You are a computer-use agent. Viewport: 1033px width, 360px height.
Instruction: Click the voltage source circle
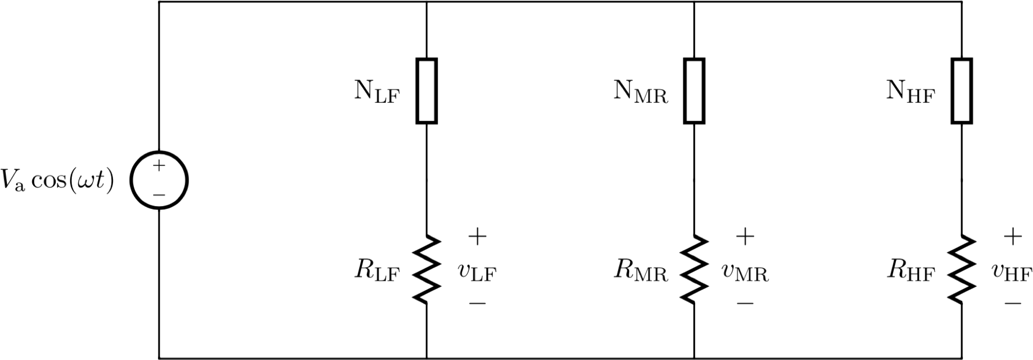pos(160,181)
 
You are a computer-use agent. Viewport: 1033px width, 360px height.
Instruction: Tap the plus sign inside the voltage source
pos(160,166)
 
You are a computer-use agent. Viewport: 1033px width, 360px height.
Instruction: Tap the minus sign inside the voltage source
pos(160,195)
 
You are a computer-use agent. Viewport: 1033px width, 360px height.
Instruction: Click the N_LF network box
pos(427,91)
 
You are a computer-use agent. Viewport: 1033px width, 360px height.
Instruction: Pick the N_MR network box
pos(694,91)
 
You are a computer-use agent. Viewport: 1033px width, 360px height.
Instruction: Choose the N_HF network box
pos(962,91)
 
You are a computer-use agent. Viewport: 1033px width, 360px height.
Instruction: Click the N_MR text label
pos(641,92)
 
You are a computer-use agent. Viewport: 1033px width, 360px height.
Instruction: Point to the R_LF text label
pos(376,272)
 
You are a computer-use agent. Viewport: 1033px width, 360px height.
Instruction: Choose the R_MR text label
pos(641,272)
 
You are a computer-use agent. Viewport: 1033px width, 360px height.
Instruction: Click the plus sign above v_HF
pos(1012,236)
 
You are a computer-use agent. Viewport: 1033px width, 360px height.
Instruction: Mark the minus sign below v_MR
pos(745,304)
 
